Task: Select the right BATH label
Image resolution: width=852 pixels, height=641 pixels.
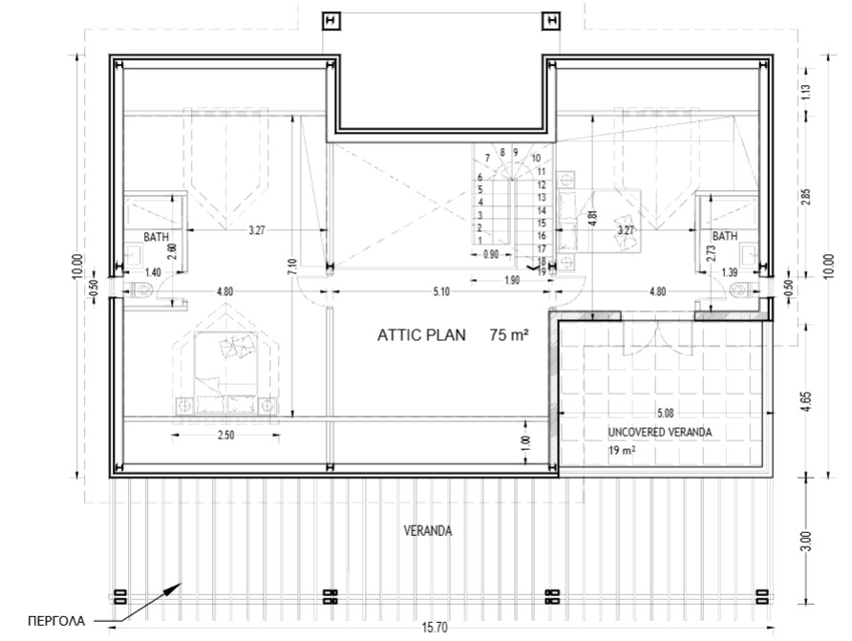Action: pos(725,236)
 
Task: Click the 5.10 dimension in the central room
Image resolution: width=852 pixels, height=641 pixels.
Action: pos(440,292)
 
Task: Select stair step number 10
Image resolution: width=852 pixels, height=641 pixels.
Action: pos(537,158)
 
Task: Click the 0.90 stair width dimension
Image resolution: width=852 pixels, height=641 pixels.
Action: pos(490,254)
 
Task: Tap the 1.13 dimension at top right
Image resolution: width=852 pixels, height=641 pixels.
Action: pos(805,93)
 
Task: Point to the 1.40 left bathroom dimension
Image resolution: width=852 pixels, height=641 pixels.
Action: pos(153,273)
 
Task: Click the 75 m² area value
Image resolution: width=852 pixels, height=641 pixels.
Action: pos(510,335)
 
